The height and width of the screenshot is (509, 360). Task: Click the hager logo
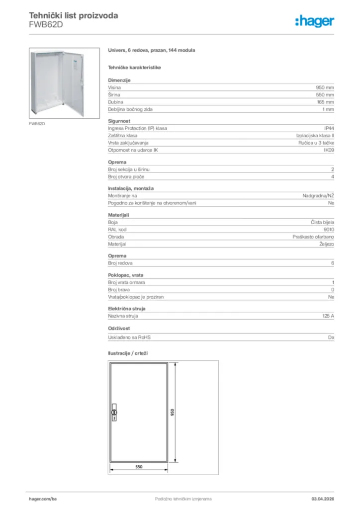(x=314, y=21)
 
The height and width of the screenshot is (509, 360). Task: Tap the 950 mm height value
(x=325, y=87)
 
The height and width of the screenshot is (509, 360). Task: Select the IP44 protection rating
(x=329, y=128)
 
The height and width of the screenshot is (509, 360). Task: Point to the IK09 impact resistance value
(x=329, y=150)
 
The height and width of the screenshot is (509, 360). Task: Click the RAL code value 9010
(x=329, y=230)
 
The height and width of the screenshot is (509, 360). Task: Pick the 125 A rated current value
(x=328, y=316)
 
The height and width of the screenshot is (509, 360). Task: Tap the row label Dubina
(x=116, y=102)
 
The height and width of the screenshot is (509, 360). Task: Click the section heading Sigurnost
(x=119, y=120)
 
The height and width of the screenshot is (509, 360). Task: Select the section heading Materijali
(x=119, y=215)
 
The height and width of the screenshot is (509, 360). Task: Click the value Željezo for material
(x=326, y=244)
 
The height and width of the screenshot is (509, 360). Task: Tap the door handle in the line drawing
(x=113, y=412)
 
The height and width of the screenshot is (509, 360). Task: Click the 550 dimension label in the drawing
(x=140, y=466)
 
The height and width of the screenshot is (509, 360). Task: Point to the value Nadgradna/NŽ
(x=318, y=196)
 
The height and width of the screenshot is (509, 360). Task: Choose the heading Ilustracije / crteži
(x=128, y=353)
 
